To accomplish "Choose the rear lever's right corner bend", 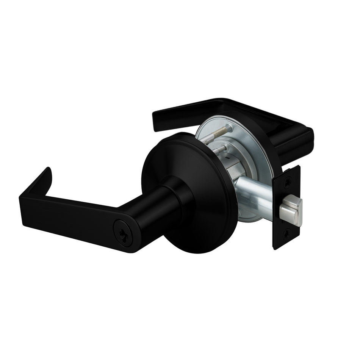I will (x=303, y=136).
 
